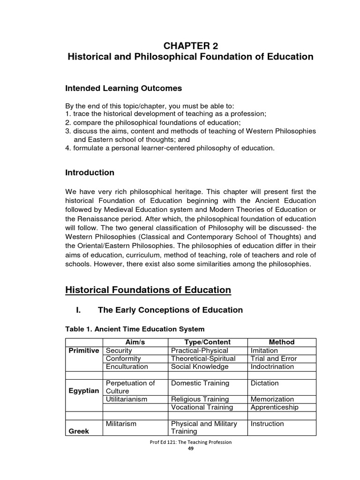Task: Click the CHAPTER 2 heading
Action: point(190,45)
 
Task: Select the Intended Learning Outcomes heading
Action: point(123,88)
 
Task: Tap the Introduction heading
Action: point(90,172)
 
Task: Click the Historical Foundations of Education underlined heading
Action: point(148,290)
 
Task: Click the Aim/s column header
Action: point(135,342)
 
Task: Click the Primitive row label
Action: point(83,351)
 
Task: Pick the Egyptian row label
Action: point(83,391)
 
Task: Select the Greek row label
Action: point(79,431)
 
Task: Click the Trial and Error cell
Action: point(273,359)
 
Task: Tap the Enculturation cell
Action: point(127,367)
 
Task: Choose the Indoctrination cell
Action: point(272,367)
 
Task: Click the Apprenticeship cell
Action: point(275,407)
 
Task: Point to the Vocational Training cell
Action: point(201,407)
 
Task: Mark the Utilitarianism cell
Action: point(127,399)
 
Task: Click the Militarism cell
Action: point(121,424)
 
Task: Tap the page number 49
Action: point(190,448)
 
